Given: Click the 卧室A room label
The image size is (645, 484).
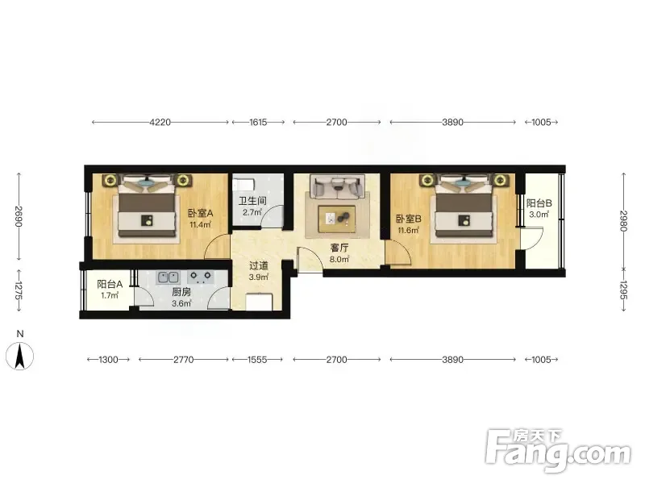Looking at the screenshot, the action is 200,213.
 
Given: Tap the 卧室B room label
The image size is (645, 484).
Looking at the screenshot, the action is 409,219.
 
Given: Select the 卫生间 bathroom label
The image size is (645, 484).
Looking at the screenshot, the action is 252,201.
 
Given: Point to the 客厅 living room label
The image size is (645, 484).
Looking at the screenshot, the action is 339,248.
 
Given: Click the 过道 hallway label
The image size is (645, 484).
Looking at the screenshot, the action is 258,266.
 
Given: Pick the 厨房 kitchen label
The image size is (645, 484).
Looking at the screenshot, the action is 181,292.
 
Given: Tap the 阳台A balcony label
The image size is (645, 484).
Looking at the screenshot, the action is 110,284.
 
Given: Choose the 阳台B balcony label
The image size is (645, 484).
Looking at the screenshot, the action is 539,203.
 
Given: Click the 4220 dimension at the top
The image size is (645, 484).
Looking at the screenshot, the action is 160,123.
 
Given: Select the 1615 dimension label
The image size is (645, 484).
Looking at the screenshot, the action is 258,123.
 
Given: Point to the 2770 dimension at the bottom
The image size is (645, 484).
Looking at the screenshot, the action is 184,360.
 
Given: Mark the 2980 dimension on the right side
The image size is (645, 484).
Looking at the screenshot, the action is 623,220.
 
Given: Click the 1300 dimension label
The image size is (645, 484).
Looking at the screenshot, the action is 108,360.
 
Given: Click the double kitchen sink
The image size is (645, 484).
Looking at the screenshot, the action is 168,277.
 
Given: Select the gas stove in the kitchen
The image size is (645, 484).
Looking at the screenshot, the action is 200,277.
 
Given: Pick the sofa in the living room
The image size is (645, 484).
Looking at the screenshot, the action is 338,186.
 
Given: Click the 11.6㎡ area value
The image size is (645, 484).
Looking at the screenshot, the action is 409,230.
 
